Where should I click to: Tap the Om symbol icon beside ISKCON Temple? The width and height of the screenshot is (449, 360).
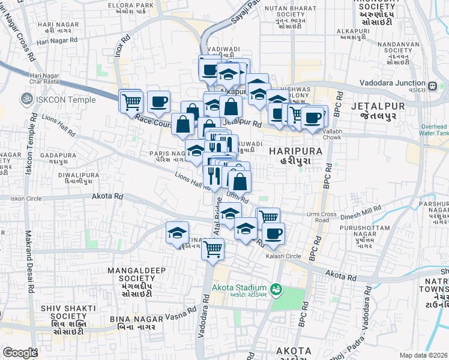coord(27,97)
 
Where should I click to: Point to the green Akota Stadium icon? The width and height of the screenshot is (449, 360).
coord(276,290)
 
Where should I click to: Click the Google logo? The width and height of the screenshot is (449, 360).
coord(20,353)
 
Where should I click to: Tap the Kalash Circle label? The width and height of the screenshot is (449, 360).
coord(283,256)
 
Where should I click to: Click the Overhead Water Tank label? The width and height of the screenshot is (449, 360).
coord(434,131)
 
